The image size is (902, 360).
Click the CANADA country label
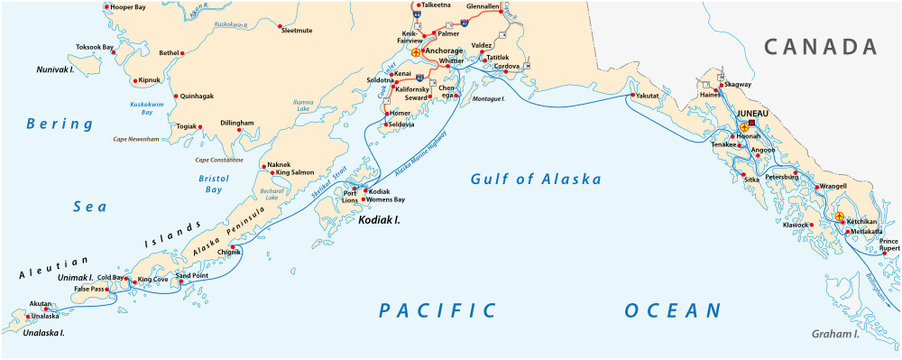820,46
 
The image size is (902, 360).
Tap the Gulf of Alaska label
536,180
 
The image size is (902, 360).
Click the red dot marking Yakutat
632,96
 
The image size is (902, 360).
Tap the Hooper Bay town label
128,7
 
